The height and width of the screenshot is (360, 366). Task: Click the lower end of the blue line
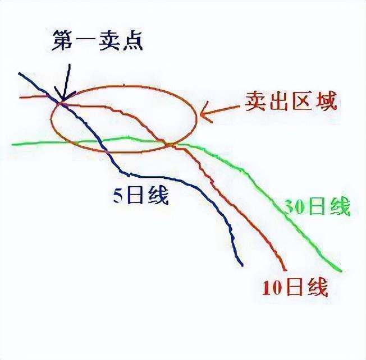tap(242, 265)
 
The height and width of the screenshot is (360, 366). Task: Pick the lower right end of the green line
tap(340, 270)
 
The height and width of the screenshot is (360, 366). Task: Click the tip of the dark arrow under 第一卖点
tap(60, 101)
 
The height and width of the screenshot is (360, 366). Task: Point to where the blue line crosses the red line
tap(61, 103)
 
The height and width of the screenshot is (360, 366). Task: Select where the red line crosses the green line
tap(167, 144)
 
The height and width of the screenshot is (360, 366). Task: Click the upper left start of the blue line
tap(19, 73)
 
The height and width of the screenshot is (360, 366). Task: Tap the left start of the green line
tap(12, 144)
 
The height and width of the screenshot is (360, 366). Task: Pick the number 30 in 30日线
tap(290, 207)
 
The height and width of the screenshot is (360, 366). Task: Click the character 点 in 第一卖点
tap(130, 41)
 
